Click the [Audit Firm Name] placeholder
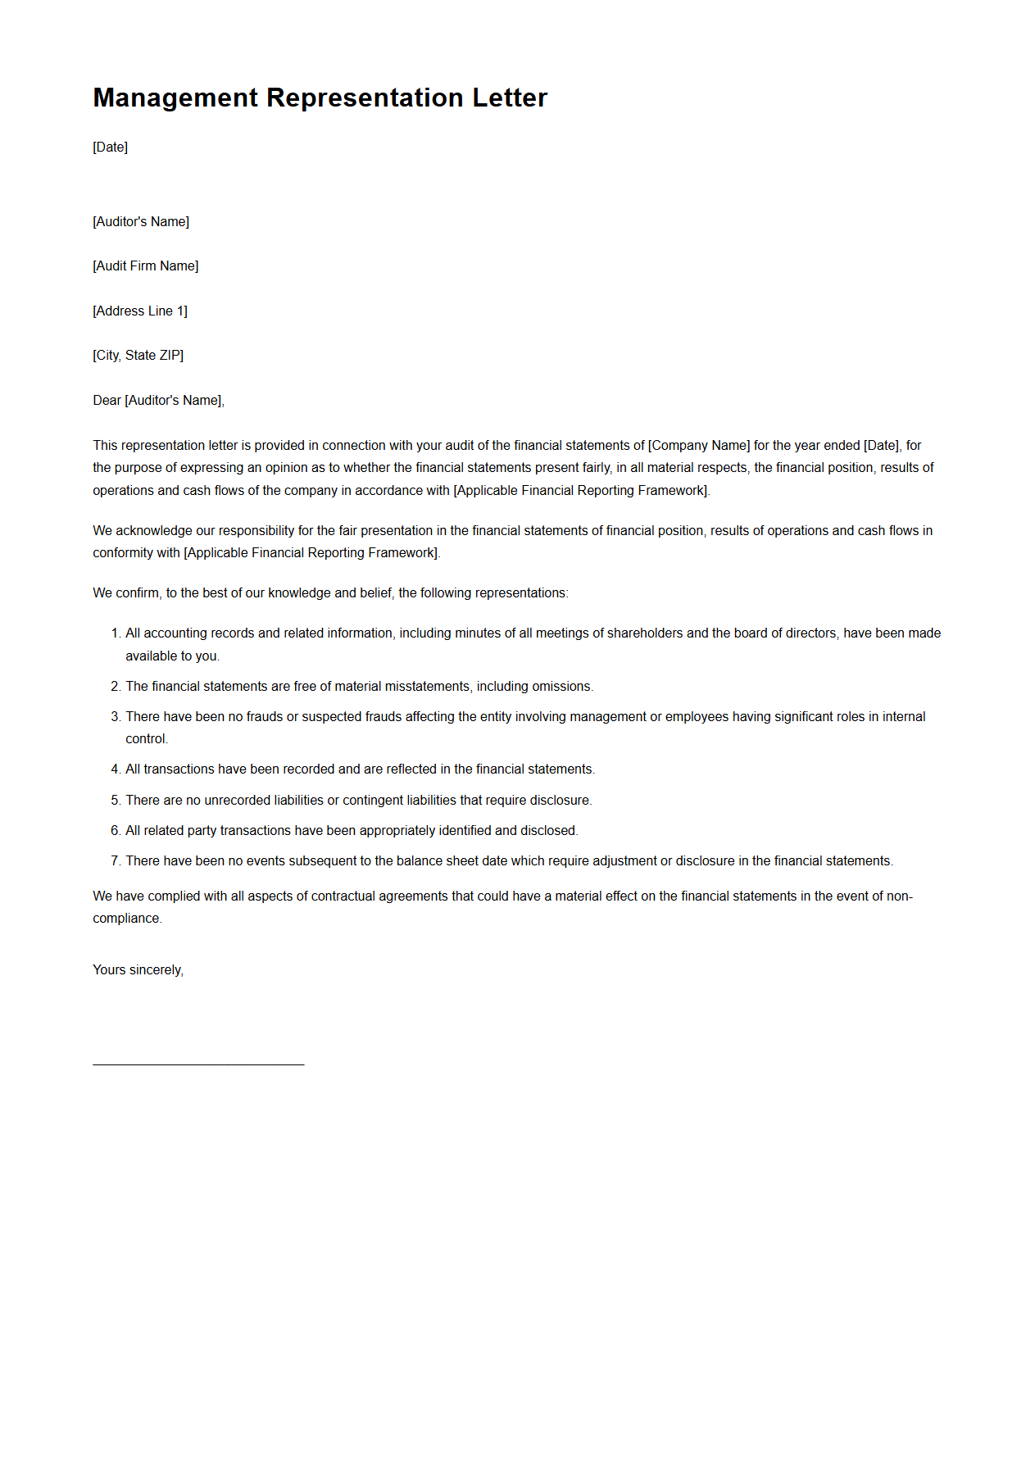pyautogui.click(x=146, y=266)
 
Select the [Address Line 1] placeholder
pyautogui.click(x=140, y=311)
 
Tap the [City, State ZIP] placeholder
pyautogui.click(x=138, y=356)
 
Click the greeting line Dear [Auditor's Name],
pyautogui.click(x=158, y=401)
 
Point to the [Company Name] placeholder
pyautogui.click(x=699, y=446)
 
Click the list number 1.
pyautogui.click(x=115, y=633)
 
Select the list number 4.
pyautogui.click(x=115, y=769)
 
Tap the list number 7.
pyautogui.click(x=115, y=861)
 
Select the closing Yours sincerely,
pyautogui.click(x=138, y=970)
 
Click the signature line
pyautogui.click(x=198, y=1064)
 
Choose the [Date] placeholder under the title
pyautogui.click(x=111, y=148)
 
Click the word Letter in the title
pyautogui.click(x=510, y=98)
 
